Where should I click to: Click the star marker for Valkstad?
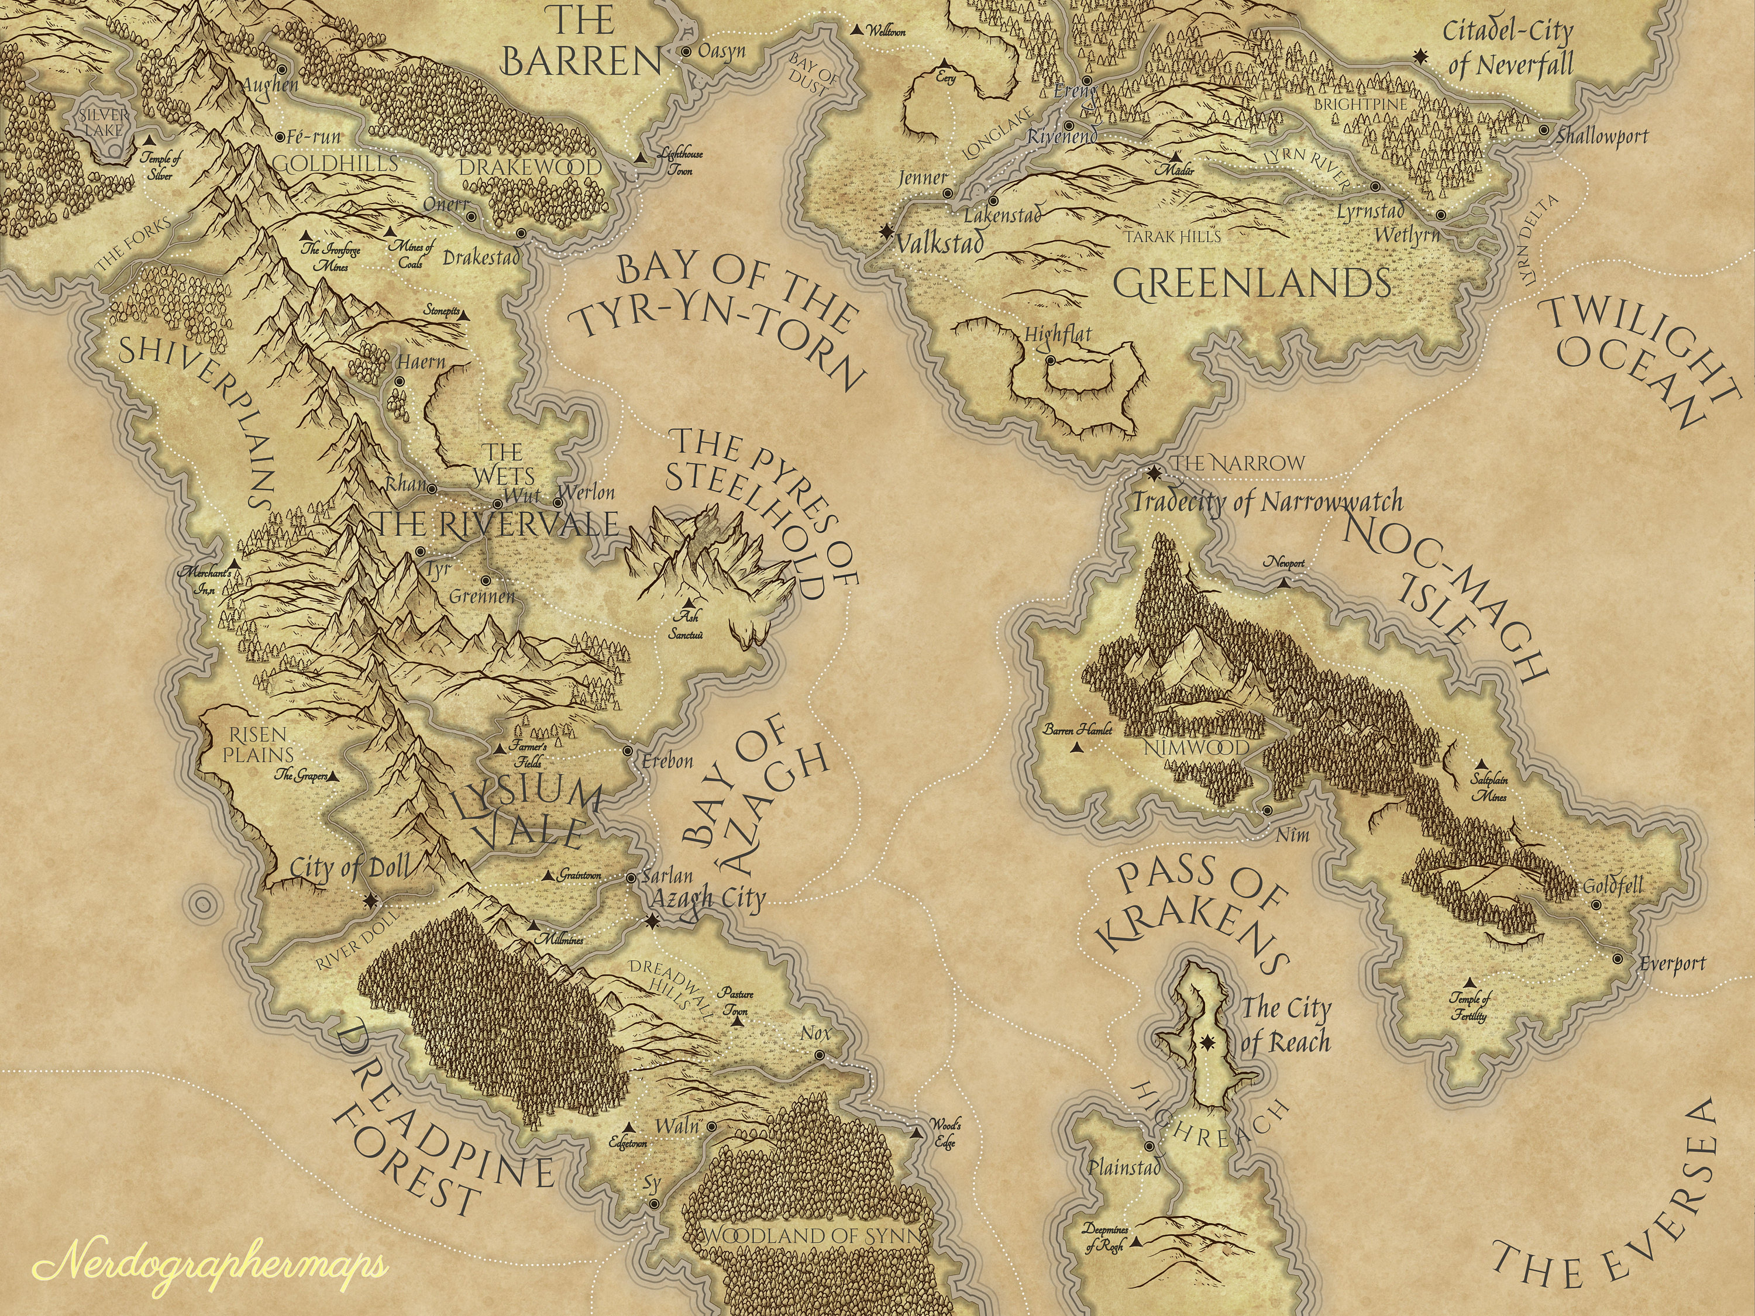[886, 232]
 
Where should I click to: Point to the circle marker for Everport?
[1618, 959]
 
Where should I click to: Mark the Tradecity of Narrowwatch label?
[1267, 502]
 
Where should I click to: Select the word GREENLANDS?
[1251, 283]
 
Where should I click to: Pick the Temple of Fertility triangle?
[1470, 982]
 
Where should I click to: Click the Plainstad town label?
[1123, 1167]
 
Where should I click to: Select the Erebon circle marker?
[628, 750]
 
